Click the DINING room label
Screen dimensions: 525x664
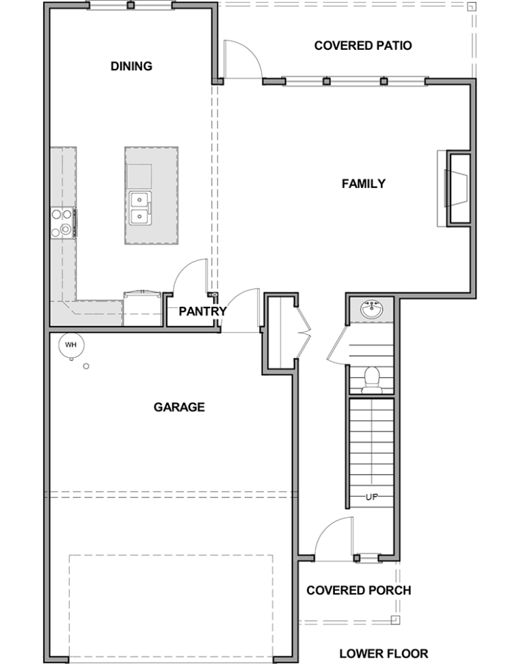click(x=131, y=66)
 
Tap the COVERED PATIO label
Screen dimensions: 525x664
click(x=363, y=45)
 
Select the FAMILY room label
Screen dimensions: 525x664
click(x=364, y=183)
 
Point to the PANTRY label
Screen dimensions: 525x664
click(x=202, y=312)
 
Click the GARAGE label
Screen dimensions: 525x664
click(x=179, y=407)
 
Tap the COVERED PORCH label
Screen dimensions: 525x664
click(x=358, y=590)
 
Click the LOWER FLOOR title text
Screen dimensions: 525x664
click(x=383, y=654)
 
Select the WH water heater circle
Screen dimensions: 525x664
click(x=71, y=345)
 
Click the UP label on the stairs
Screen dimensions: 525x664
click(x=372, y=497)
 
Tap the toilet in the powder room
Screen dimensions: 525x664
click(x=372, y=380)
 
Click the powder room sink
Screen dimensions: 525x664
click(x=372, y=309)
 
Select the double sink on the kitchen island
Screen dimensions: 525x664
click(x=140, y=208)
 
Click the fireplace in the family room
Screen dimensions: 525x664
click(x=454, y=188)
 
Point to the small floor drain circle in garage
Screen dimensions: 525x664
click(x=86, y=366)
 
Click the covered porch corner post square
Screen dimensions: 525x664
click(x=395, y=620)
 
